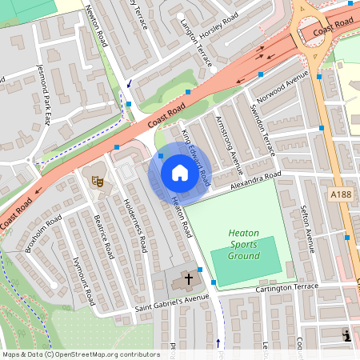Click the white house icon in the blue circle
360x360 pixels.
click(x=180, y=173)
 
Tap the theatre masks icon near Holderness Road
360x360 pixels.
click(x=99, y=182)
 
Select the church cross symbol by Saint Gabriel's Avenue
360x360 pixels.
click(x=189, y=279)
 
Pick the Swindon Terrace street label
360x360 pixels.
click(x=262, y=130)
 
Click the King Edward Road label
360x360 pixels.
click(x=195, y=154)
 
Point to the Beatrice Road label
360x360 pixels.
click(x=104, y=235)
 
